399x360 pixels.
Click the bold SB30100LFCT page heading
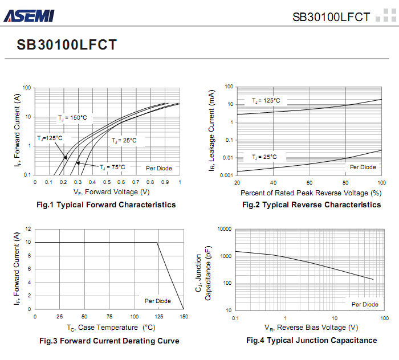tap(67, 44)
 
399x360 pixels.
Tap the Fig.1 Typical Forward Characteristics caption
tap(106, 204)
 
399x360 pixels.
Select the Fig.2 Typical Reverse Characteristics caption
tap(311, 204)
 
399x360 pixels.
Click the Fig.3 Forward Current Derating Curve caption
tap(109, 341)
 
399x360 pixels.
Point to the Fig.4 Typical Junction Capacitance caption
tap(311, 340)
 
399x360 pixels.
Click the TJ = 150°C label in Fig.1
tap(72, 117)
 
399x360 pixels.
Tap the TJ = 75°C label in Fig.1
tap(112, 167)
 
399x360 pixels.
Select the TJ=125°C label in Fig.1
tap(50, 138)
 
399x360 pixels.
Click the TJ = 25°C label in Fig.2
tap(264, 157)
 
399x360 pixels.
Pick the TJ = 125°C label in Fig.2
tap(266, 100)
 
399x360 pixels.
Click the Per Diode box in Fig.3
tap(157, 301)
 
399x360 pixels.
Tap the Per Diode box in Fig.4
tap(364, 304)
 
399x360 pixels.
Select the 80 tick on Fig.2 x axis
tap(345, 182)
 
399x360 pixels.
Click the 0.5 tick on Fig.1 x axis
tap(107, 182)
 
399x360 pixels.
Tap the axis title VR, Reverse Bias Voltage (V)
tap(311, 328)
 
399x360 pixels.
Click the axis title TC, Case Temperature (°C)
tap(111, 328)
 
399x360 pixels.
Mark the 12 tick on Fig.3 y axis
tap(28, 229)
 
